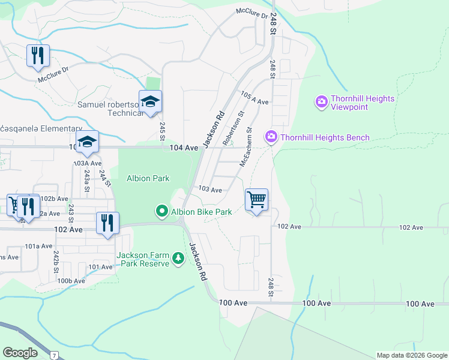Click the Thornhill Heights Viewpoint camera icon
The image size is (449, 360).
(x=321, y=101)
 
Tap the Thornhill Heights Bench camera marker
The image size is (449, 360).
(x=271, y=137)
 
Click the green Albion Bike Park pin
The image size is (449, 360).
(x=161, y=211)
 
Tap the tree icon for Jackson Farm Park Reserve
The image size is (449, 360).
(x=178, y=259)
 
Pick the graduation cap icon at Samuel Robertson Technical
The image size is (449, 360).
(x=150, y=101)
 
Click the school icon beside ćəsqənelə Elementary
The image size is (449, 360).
(x=88, y=142)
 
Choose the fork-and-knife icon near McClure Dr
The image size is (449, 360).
(x=38, y=56)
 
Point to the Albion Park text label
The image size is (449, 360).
(x=148, y=178)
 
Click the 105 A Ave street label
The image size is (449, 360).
(x=254, y=98)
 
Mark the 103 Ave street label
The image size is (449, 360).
(x=210, y=190)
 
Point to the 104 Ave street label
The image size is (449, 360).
(x=184, y=148)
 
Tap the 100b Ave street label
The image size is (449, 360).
(x=71, y=281)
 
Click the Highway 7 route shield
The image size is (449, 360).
(x=55, y=356)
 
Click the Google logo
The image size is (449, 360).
(x=20, y=353)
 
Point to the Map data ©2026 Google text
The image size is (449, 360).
(x=411, y=355)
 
